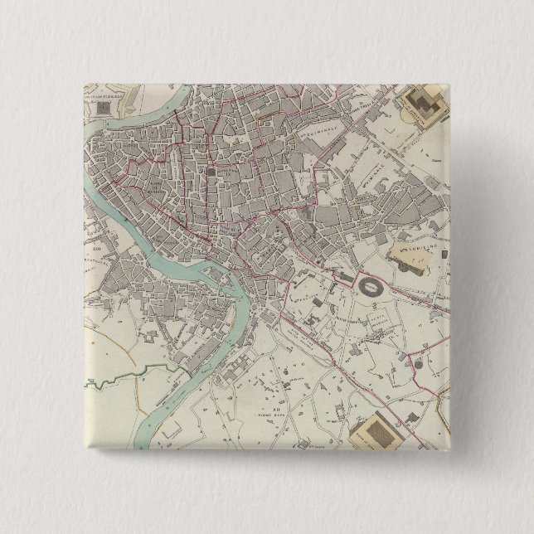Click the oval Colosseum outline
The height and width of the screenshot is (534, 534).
pyautogui.click(x=371, y=287)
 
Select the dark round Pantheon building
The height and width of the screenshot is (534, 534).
pyautogui.click(x=211, y=172)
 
